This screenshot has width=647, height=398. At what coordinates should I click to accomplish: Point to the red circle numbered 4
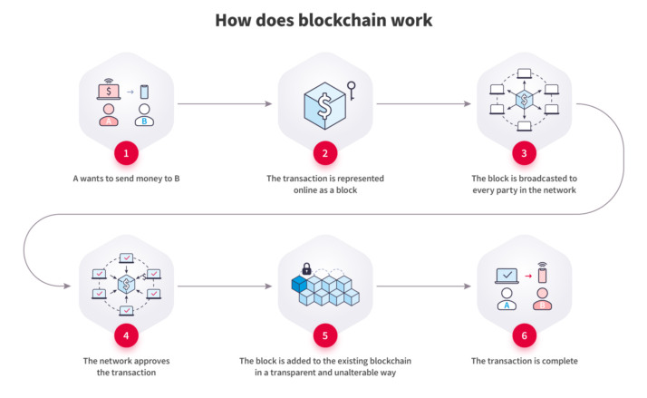pos(127,335)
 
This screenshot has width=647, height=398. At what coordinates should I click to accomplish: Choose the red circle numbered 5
pos(324,335)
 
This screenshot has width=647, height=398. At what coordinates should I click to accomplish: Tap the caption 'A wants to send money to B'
pos(127,179)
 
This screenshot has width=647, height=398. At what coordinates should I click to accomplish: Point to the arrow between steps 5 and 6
pos(421,286)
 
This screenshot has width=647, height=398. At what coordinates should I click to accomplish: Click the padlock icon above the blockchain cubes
pos(307,269)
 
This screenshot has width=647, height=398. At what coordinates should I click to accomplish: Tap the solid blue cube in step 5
pos(298,285)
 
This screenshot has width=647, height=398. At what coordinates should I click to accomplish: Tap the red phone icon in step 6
pos(542,273)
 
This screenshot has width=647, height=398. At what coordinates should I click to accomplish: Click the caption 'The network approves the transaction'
pos(127,366)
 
